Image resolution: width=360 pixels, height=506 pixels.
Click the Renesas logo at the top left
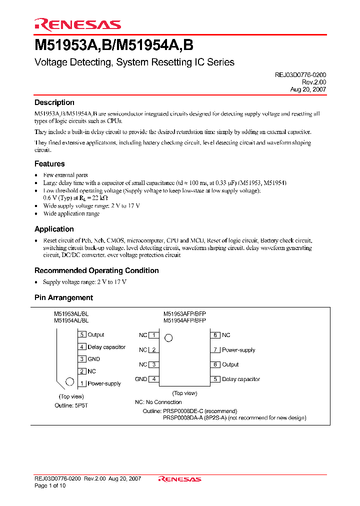(77, 24)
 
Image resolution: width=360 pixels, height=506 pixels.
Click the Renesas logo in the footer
(179, 479)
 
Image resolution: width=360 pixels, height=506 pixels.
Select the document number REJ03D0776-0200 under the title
(300, 74)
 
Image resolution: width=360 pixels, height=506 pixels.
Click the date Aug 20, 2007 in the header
(308, 89)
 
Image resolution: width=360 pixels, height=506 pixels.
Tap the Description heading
(54, 102)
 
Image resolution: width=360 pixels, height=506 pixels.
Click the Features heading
(49, 163)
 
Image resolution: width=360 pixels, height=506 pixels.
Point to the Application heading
(54, 229)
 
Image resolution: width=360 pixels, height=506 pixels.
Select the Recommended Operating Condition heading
(96, 270)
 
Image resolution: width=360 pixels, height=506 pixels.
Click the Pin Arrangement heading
(63, 297)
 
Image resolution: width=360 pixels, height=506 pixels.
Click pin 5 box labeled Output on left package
(82, 334)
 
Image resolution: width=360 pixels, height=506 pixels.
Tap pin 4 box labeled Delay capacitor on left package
(82, 347)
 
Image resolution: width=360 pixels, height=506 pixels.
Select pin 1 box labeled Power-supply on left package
(82, 383)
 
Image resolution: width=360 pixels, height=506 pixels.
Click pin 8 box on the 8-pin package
(215, 335)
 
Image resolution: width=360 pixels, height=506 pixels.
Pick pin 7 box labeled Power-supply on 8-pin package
(215, 350)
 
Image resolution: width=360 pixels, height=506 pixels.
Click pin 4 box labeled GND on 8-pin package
(154, 379)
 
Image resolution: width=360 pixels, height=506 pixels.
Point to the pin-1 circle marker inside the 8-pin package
(168, 338)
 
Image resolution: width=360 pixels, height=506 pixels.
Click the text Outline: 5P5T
(71, 405)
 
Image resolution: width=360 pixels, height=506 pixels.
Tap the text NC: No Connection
(158, 402)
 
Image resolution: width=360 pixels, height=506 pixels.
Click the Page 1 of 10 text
(50, 485)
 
